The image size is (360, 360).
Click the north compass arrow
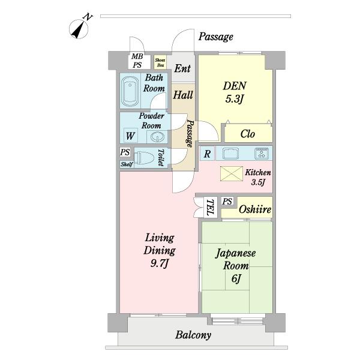coord(79,28)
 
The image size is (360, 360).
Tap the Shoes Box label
coord(160,61)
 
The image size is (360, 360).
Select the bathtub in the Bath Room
coord(130,90)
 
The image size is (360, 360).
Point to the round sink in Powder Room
coord(154,136)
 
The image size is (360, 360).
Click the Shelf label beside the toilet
coord(126,164)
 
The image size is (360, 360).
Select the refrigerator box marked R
coord(206,154)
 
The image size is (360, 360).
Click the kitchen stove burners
coord(262,153)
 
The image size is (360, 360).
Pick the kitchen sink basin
coord(232,152)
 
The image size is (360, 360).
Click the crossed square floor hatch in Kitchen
coord(229,173)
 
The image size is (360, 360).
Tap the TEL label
coord(210,208)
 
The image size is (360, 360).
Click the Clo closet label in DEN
coord(248,134)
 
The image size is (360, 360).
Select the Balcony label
coord(193,335)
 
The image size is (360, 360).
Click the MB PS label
coord(137,61)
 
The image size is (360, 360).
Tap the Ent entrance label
coord(182,68)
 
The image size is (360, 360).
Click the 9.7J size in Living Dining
coord(159,262)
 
